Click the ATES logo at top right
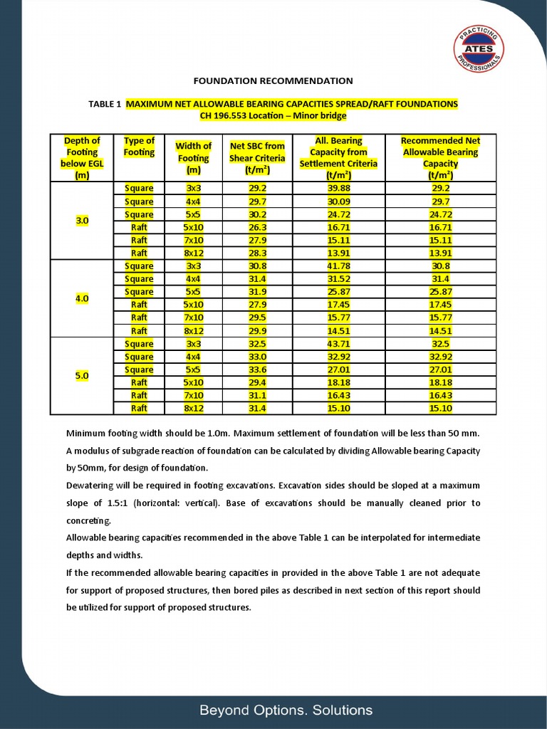tap(479, 48)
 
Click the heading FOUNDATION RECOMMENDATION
tap(273, 81)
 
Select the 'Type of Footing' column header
tap(139, 147)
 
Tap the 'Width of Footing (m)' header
tap(194, 158)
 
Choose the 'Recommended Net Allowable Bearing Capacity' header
tap(440, 158)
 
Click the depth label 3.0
tap(82, 221)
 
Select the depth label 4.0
tap(82, 298)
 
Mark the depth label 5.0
tap(82, 375)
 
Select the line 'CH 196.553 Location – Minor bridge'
tap(273, 115)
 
